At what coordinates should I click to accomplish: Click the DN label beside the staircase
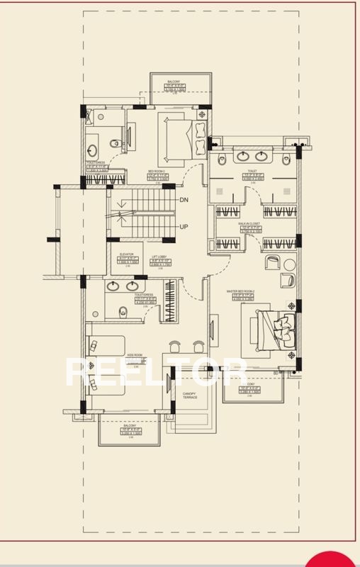pyautogui.click(x=184, y=201)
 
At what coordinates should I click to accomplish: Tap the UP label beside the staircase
pyautogui.click(x=184, y=227)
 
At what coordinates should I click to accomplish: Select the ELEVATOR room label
pyautogui.click(x=126, y=254)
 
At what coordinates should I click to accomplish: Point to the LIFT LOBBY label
pyautogui.click(x=159, y=257)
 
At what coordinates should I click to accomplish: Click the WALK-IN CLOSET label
pyautogui.click(x=249, y=223)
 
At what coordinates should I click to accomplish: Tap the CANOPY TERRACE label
pyautogui.click(x=189, y=395)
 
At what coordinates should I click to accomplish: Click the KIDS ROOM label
pyautogui.click(x=135, y=356)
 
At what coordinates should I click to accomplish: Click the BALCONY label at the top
pyautogui.click(x=174, y=82)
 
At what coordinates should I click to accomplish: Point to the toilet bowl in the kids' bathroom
pyautogui.click(x=121, y=310)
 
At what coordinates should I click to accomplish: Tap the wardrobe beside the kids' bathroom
pyautogui.click(x=168, y=302)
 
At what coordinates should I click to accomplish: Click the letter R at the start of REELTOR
pyautogui.click(x=78, y=374)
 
